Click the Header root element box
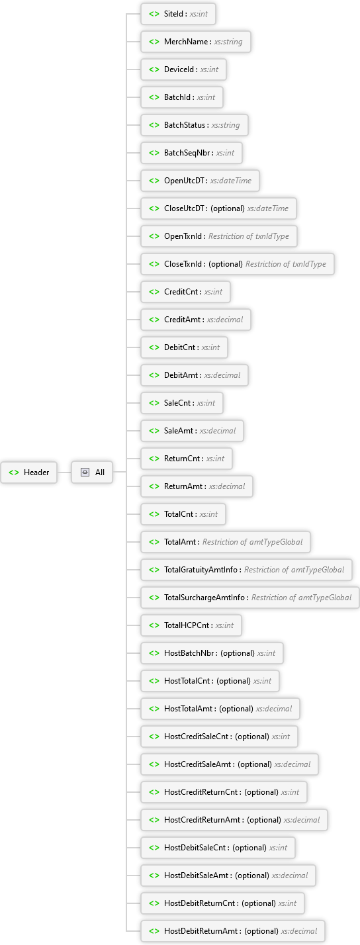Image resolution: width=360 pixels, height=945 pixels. pos(28,472)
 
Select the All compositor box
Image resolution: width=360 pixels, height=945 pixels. pos(92,472)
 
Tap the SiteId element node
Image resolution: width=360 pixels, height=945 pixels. pos(178,14)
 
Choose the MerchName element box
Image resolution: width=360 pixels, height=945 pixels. pos(196,42)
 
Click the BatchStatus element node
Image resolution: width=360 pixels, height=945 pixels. pos(195,125)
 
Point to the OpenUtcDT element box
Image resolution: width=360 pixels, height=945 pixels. pos(200,181)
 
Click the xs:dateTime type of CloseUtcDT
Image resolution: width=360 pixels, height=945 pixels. pos(268,208)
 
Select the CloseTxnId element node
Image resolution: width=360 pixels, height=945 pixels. pos(238,264)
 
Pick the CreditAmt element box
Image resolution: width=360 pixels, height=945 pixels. pos(196,320)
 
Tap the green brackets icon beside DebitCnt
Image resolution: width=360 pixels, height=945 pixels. pos(154,347)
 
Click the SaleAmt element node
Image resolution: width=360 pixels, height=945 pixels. pos(192,431)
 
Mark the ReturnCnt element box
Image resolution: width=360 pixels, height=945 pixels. pos(187,459)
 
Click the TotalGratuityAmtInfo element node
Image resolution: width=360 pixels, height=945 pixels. pos(246,570)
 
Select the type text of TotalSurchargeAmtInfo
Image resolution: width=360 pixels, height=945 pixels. pos(301,598)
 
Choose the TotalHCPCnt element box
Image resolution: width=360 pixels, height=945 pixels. pos(191,625)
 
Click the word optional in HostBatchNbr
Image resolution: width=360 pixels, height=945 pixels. pos(238,653)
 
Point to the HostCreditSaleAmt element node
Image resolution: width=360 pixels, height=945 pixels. pos(230,764)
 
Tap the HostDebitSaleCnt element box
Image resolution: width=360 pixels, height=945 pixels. pos(218,848)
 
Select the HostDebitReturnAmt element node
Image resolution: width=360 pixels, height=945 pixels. pos(233,931)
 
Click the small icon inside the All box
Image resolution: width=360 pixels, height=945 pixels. pos(85,472)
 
